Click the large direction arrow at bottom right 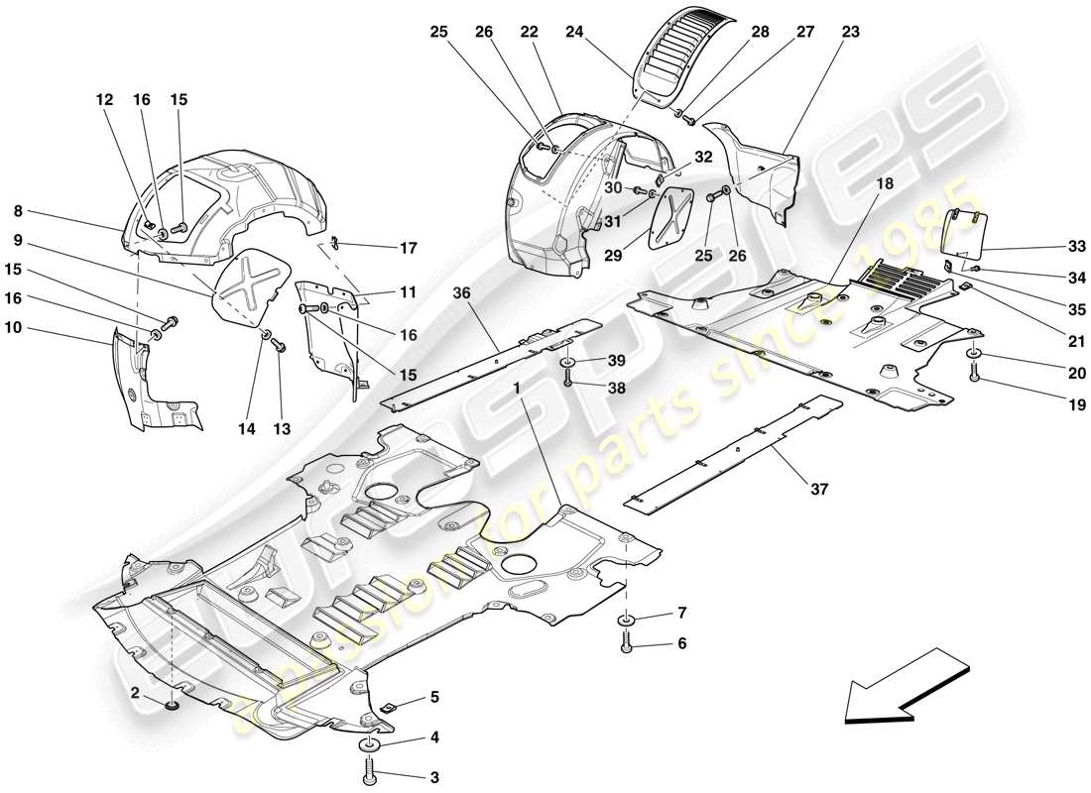pos(905,684)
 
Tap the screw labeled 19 pos(974,376)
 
